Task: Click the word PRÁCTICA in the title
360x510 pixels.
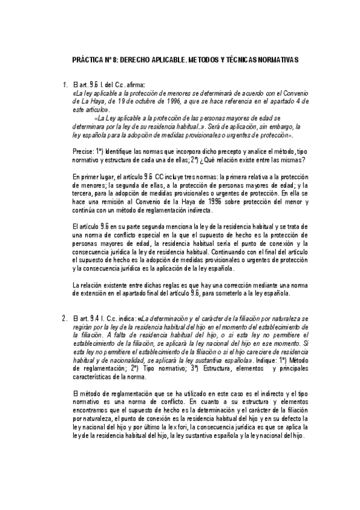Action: coord(85,61)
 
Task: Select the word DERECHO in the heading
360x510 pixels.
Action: coord(145,61)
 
